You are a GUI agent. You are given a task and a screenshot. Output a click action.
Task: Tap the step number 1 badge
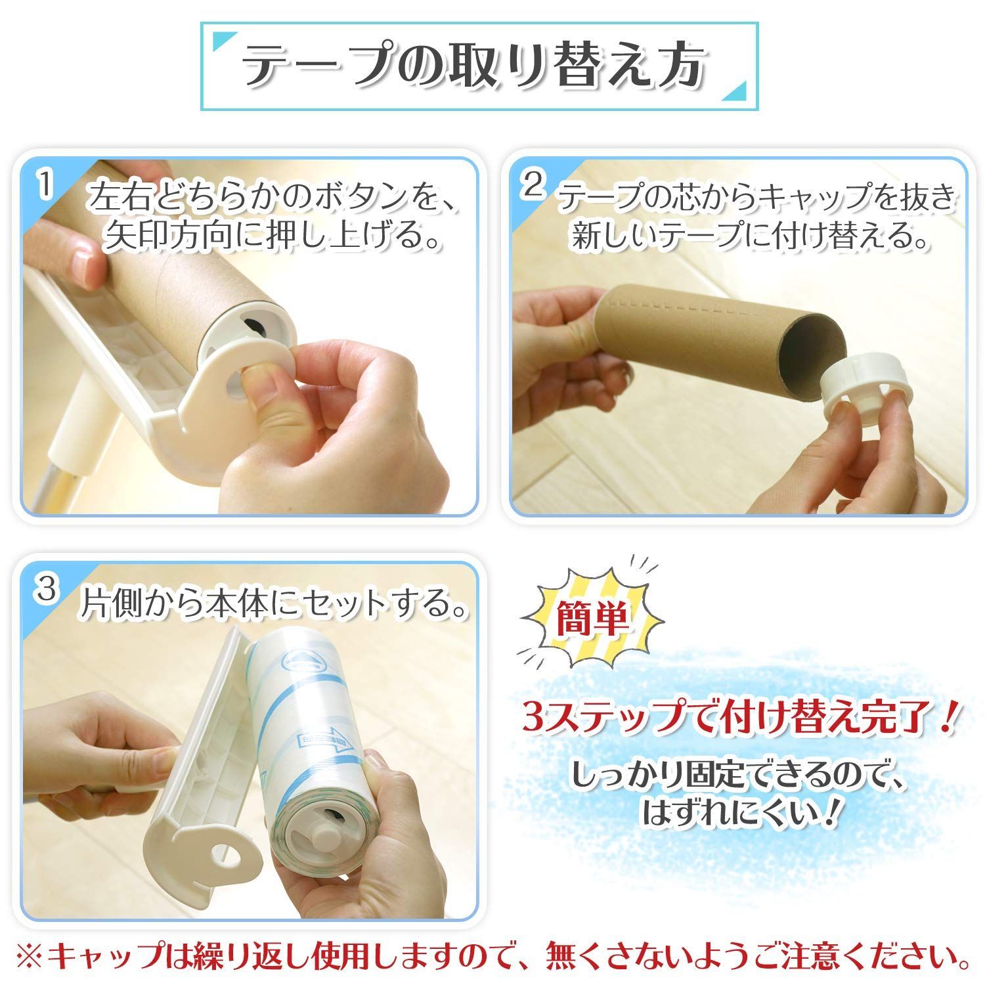click(45, 186)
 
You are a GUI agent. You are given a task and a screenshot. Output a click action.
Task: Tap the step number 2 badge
click(533, 186)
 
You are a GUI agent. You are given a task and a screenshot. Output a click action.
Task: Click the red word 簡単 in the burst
click(591, 619)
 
